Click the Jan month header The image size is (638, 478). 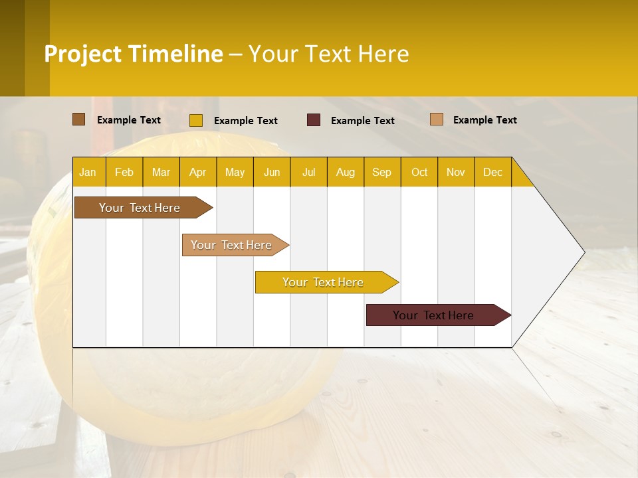(88, 172)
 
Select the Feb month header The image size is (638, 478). (124, 172)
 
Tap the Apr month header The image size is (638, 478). (197, 172)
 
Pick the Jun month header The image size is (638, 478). (272, 172)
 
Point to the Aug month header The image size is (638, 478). (345, 172)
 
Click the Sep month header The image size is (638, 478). (381, 172)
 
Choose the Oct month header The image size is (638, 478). (419, 172)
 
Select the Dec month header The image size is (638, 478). (492, 172)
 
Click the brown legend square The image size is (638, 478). (79, 119)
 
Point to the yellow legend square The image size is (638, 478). (196, 120)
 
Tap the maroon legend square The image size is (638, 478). (314, 120)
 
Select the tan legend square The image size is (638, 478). (437, 119)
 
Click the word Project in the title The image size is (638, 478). (83, 54)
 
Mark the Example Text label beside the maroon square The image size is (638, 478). (362, 121)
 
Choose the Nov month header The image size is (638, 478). (456, 172)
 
